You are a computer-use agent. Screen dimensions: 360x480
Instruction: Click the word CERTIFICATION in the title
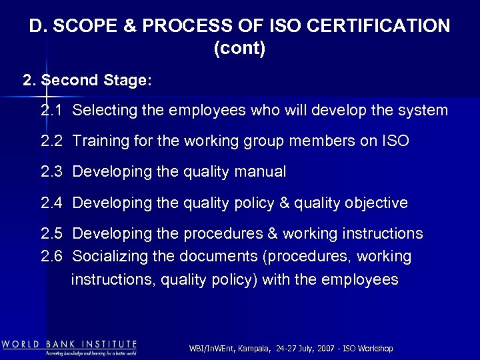(382, 27)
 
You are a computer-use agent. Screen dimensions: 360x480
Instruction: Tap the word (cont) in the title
(240, 49)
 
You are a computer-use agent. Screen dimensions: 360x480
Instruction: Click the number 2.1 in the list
(51, 111)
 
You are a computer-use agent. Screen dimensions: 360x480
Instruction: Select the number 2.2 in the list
(51, 141)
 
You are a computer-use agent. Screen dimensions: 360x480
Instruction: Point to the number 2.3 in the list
(51, 172)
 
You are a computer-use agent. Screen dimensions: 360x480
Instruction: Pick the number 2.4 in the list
(51, 203)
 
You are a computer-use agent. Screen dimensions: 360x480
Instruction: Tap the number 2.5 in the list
(51, 233)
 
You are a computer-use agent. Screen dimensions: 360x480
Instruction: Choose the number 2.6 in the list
(51, 257)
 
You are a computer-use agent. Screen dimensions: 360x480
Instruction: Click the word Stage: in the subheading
(127, 81)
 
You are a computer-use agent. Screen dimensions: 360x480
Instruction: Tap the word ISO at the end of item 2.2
(396, 141)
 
